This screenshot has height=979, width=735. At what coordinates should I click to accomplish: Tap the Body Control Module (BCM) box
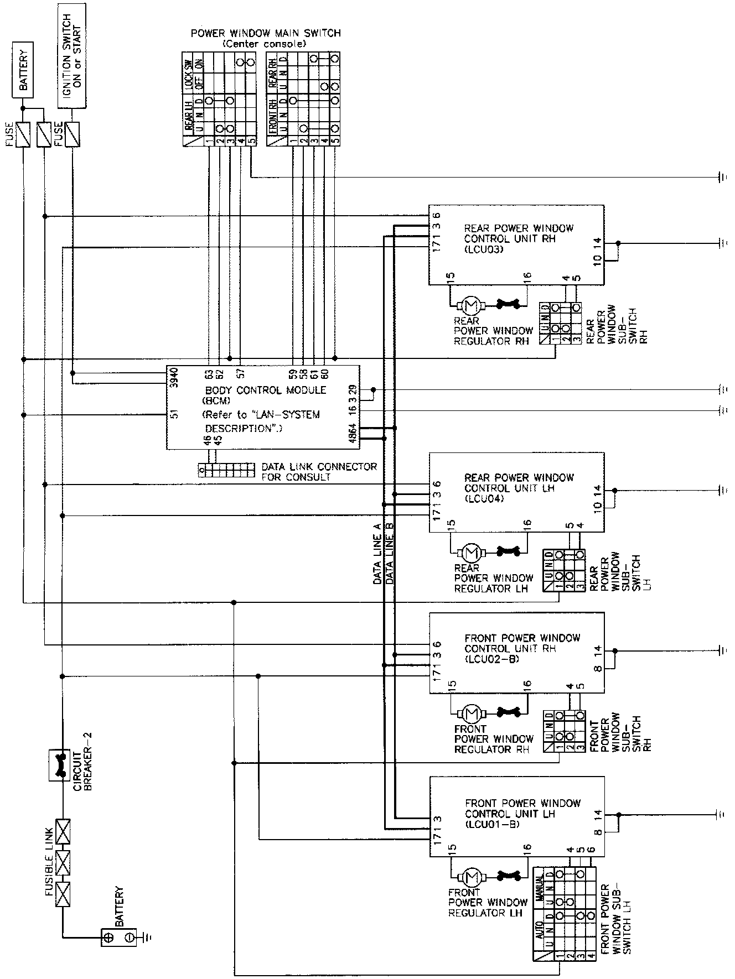(263, 407)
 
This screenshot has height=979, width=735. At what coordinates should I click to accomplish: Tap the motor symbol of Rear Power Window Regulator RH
(471, 304)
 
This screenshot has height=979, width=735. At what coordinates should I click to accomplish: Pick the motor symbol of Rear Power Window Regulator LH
(472, 551)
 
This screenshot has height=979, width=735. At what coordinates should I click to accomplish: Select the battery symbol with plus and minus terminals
(118, 936)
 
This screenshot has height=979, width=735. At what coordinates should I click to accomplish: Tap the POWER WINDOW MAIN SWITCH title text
(266, 33)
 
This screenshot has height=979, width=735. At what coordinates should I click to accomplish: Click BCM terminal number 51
(174, 414)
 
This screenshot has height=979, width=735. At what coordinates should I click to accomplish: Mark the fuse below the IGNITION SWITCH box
(71, 134)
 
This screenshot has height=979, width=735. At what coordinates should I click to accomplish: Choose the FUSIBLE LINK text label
(49, 861)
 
